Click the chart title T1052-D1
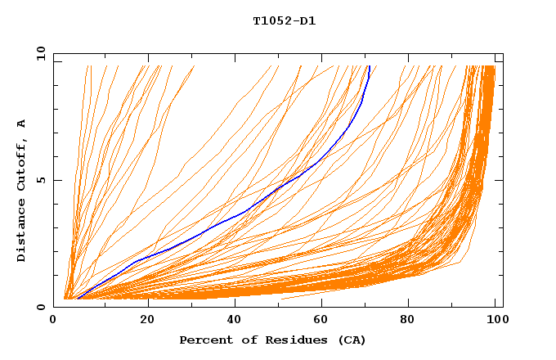point(284,21)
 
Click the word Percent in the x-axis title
point(204,340)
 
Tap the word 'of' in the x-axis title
point(244,340)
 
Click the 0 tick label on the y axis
point(41,307)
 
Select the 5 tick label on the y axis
point(41,180)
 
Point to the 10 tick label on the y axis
point(38,53)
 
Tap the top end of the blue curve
point(370,67)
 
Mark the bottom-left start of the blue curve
point(78,299)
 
